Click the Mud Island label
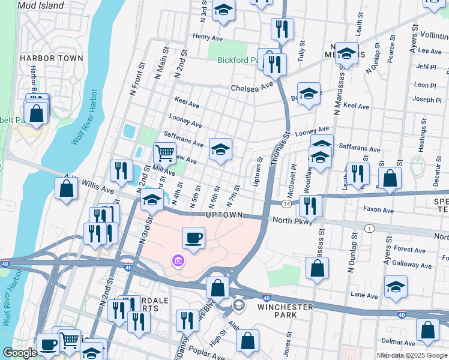coord(41,5)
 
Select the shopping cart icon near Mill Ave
coord(164,152)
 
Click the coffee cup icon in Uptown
coord(194,238)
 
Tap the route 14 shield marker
coord(288,205)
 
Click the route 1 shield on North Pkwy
coord(370,228)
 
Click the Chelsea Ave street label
coord(252,88)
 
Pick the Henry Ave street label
coord(208,37)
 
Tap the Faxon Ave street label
coord(378,211)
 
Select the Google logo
coord(20,353)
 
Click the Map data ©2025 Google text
coord(411,355)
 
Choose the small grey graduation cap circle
coord(239,305)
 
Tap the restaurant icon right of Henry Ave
coord(281,29)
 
